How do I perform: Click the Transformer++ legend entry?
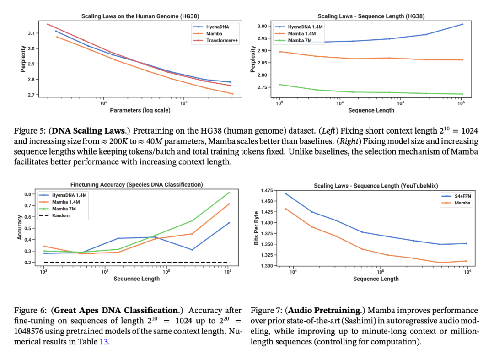coord(221,40)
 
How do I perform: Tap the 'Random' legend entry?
coord(60,215)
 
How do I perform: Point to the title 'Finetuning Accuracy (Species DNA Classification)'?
coord(136,185)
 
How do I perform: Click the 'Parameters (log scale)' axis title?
coord(140,110)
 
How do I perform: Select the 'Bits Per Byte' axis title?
coord(256,227)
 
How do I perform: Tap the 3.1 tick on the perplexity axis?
coord(31,33)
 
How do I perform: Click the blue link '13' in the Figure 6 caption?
coord(104,341)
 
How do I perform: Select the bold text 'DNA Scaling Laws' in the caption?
coord(81,130)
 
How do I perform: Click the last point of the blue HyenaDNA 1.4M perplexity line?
coord(462,24)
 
